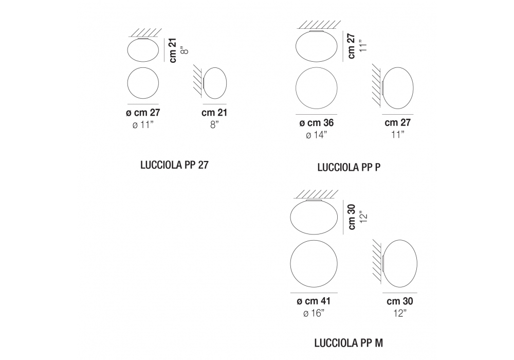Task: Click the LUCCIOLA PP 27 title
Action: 174,165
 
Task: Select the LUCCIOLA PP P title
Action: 349,167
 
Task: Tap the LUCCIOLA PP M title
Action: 348,343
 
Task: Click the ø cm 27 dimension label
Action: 143,113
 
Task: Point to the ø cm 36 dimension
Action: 316,122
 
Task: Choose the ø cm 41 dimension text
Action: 314,301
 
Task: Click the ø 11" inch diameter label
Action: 143,124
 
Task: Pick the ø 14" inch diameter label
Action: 316,135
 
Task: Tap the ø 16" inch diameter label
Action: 314,313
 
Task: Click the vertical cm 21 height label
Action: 173,50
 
